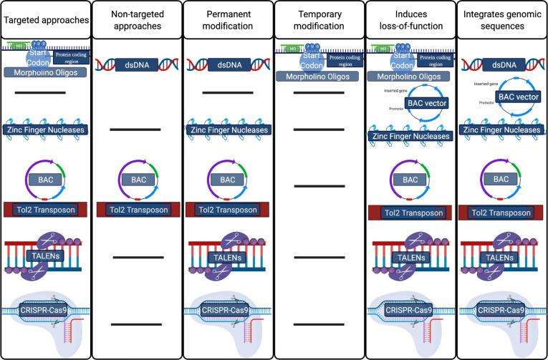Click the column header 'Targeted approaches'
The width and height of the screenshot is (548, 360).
pos(45,21)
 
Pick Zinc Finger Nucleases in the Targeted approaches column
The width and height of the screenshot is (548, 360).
pos(45,130)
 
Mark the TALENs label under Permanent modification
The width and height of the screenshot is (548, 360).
pos(227,257)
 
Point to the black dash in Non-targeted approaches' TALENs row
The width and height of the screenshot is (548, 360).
pos(137,256)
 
